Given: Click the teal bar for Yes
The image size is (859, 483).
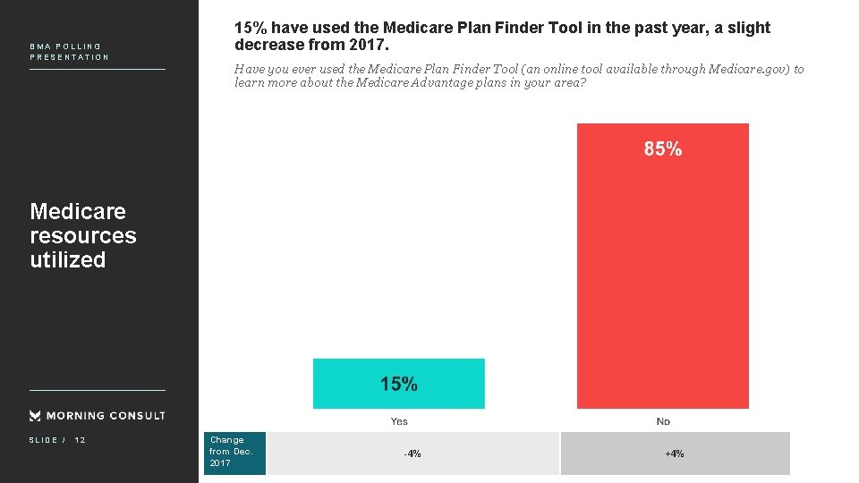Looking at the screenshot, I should point(399,384).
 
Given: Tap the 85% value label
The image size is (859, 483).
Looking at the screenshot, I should point(663,149).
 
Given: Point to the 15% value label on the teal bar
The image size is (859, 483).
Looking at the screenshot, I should point(399,385).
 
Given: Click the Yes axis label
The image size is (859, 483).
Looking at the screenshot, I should point(399,421).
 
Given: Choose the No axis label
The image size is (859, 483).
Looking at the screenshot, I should point(663,421).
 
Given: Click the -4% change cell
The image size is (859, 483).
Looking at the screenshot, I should point(412,454).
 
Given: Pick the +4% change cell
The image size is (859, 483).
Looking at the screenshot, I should point(675,454).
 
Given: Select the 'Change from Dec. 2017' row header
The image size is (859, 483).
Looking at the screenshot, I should point(234,452).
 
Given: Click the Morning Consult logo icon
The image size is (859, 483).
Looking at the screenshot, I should point(35,416).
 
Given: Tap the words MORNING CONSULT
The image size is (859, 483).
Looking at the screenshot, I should point(106,416).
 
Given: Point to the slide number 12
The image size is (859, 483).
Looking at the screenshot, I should point(80,440).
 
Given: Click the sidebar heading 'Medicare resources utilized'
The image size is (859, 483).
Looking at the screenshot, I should point(83,235).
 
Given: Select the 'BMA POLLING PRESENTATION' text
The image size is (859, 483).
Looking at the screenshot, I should point(69,52).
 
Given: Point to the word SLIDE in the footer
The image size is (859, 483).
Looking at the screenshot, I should point(43,440).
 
